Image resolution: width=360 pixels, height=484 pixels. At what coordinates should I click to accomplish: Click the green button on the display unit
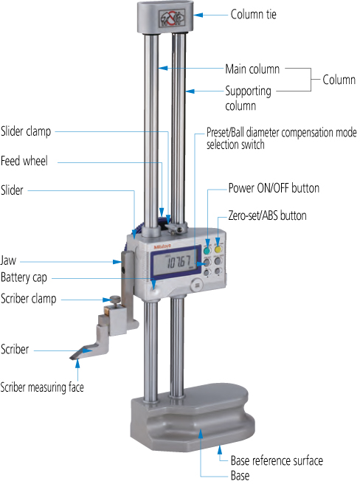[x=207, y=249]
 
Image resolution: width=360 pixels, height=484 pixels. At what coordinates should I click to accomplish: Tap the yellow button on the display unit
[x=218, y=249]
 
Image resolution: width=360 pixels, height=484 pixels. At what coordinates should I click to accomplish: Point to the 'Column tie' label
[x=254, y=14]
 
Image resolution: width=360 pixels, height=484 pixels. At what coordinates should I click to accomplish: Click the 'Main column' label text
[x=252, y=69]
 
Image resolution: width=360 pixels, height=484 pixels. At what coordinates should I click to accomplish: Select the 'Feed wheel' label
[x=24, y=161]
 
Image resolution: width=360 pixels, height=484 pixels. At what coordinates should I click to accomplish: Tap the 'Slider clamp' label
[x=26, y=131]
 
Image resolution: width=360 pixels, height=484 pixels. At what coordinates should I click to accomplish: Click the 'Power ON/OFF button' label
[x=274, y=188]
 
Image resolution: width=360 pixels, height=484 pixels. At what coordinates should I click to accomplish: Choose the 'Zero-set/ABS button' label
[x=267, y=215]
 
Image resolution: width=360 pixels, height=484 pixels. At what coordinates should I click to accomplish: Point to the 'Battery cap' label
[x=24, y=277]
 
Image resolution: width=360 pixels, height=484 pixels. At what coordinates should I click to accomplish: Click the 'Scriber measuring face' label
[x=42, y=387]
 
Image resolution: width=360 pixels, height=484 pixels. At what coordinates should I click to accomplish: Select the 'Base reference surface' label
[x=277, y=460]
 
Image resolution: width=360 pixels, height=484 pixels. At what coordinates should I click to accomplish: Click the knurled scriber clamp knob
[x=116, y=299]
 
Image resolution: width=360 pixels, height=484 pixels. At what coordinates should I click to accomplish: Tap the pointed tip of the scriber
[x=71, y=358]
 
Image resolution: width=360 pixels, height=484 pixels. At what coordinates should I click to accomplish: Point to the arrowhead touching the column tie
[x=198, y=15]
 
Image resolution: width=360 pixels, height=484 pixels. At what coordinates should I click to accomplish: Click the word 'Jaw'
[x=8, y=260]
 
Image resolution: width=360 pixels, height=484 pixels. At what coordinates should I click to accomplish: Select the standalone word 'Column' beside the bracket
[x=339, y=80]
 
